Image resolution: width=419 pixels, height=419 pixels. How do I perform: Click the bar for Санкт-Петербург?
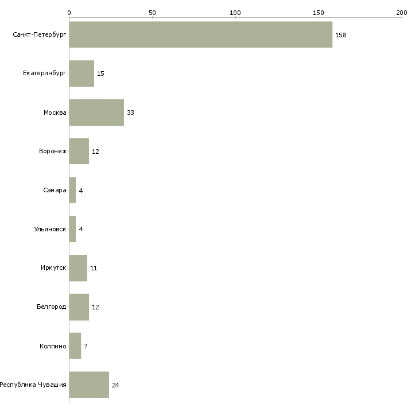pos(200,34)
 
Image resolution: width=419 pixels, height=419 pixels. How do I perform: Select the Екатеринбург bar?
pos(82,73)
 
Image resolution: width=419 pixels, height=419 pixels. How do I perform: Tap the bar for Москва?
pos(96,112)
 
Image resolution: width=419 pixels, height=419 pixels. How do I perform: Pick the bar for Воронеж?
pos(79,152)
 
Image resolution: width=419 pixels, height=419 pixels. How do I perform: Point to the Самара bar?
pos(72,190)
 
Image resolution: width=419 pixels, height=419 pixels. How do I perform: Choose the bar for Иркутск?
pos(78,268)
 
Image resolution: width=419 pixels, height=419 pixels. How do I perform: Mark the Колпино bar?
pos(75,346)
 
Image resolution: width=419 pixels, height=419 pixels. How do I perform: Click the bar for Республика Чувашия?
pos(89,385)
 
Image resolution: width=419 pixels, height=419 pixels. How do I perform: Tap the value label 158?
pos(341,35)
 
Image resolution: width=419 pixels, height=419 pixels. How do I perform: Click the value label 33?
pos(130,112)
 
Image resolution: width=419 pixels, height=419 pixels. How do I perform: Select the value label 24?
pos(115,385)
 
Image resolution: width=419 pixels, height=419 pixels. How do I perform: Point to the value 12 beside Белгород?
pos(95,307)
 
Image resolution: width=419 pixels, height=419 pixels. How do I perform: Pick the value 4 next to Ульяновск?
pos(81,229)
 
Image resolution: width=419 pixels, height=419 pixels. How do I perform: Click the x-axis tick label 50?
pos(152,13)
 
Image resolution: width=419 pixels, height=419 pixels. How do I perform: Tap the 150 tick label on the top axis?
pos(319,13)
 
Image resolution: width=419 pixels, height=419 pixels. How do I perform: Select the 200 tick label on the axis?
pos(401,13)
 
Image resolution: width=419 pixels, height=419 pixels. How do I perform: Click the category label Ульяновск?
pos(50,229)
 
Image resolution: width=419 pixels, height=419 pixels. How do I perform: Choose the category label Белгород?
pos(51,307)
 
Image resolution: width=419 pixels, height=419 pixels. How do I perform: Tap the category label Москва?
pos(55,112)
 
